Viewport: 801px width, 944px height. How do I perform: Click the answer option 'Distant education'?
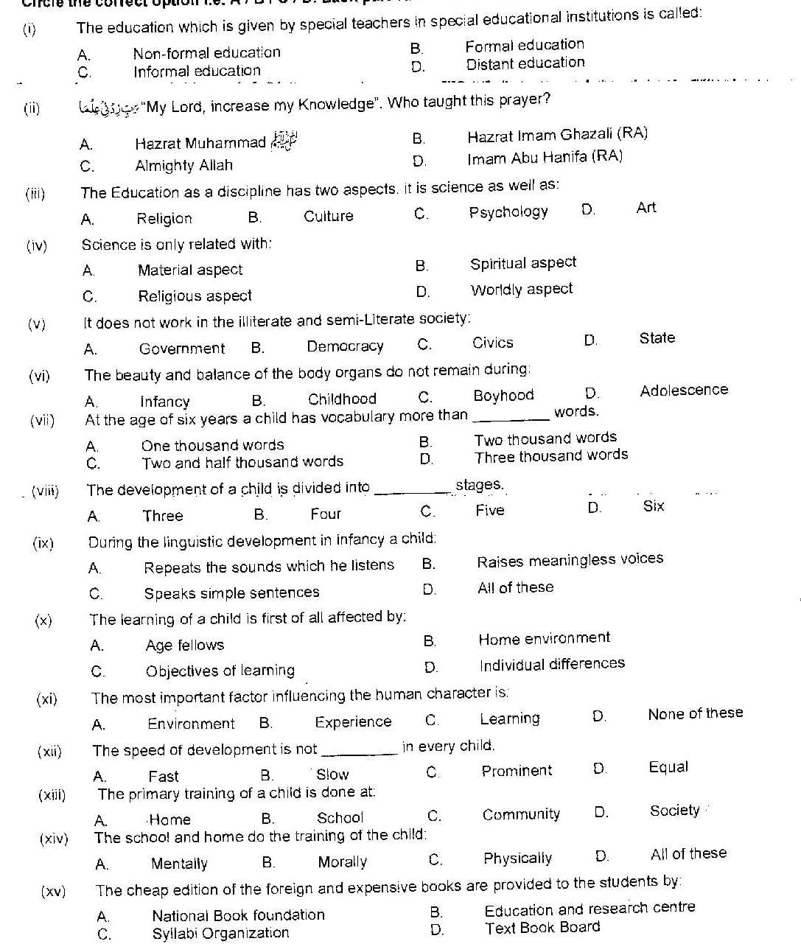tap(525, 64)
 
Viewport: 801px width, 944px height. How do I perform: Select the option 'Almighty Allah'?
tap(183, 165)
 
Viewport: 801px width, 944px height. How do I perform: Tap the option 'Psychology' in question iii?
tap(508, 212)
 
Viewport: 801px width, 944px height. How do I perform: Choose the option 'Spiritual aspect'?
tap(522, 263)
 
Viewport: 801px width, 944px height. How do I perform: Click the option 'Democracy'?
tap(345, 346)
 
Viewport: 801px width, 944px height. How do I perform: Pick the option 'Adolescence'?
tap(683, 391)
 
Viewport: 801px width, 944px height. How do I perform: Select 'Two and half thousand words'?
tap(242, 463)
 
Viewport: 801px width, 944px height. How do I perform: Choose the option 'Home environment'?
tap(544, 638)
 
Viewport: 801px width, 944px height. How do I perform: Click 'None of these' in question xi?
tap(695, 713)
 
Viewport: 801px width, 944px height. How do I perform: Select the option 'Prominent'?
tap(516, 771)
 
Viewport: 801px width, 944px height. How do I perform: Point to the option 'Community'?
tap(521, 814)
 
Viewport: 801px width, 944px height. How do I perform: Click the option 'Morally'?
tap(342, 862)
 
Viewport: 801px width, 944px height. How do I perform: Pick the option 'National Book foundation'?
tap(238, 915)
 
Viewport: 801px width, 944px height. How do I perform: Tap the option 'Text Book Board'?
tap(542, 928)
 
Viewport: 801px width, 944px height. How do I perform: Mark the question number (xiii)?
tap(52, 795)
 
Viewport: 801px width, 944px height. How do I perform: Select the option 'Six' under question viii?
tap(653, 506)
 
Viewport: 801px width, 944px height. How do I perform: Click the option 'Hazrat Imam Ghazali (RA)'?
tap(557, 135)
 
